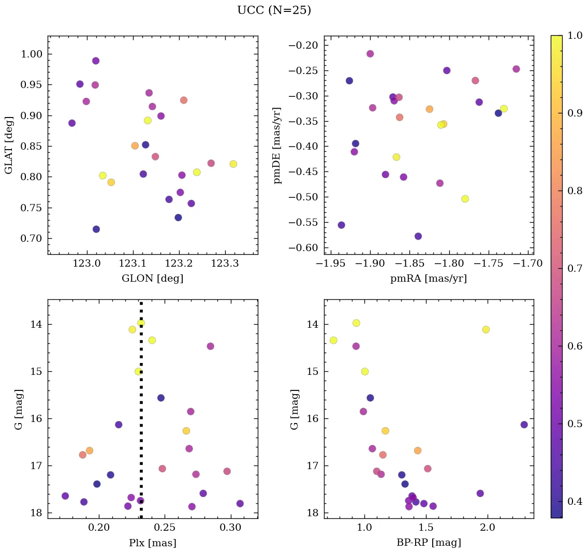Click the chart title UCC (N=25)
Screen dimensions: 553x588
click(274, 10)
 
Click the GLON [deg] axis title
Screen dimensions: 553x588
click(153, 279)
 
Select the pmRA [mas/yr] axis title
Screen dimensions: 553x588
click(429, 279)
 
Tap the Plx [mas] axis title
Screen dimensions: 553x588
click(153, 543)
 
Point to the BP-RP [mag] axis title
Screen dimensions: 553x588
click(429, 543)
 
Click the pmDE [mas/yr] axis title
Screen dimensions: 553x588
click(278, 145)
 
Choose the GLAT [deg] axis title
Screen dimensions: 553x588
click(9, 145)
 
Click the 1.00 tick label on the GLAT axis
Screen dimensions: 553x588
click(32, 54)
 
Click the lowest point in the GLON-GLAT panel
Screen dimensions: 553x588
click(96, 229)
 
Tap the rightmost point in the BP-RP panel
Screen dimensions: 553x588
click(524, 425)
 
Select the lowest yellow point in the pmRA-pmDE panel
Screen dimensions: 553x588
click(465, 199)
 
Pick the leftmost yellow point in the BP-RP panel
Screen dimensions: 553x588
click(333, 340)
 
